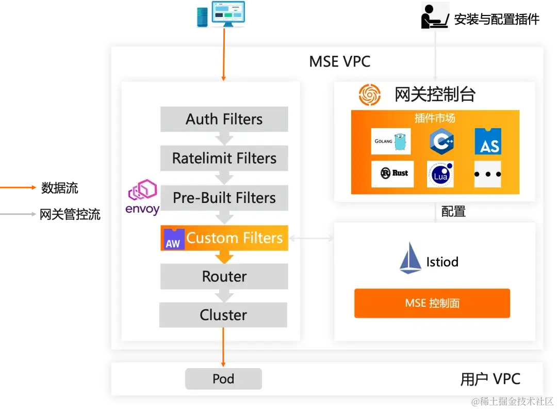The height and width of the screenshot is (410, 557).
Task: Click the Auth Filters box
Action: pyautogui.click(x=224, y=119)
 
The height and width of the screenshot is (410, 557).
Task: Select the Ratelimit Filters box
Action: pyautogui.click(x=224, y=158)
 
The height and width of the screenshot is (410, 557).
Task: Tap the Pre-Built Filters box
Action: pyautogui.click(x=224, y=198)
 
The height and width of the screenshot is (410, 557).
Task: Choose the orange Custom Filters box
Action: pyautogui.click(x=224, y=238)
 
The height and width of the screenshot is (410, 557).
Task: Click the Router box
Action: pyautogui.click(x=224, y=277)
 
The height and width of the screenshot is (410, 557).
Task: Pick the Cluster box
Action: pyautogui.click(x=223, y=315)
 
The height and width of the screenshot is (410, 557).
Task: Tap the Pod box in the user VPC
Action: pyautogui.click(x=223, y=379)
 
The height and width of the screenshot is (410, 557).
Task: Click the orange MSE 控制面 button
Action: pyautogui.click(x=432, y=303)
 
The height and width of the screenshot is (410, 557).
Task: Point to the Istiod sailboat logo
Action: pyautogui.click(x=411, y=258)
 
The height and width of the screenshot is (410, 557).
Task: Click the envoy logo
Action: pyautogui.click(x=143, y=197)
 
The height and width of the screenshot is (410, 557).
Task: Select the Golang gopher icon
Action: pyautogui.click(x=391, y=141)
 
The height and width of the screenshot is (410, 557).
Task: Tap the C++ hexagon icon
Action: pyautogui.click(x=441, y=141)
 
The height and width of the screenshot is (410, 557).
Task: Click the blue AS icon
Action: pyautogui.click(x=488, y=141)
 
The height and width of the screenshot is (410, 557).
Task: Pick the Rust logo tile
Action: pyautogui.click(x=392, y=174)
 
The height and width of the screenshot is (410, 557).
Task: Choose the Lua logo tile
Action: pyautogui.click(x=440, y=174)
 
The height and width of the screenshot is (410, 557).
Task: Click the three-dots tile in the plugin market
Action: pyautogui.click(x=487, y=174)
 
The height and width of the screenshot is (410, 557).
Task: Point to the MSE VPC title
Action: pyautogui.click(x=339, y=62)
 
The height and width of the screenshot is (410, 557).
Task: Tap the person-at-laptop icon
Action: pyautogui.click(x=435, y=17)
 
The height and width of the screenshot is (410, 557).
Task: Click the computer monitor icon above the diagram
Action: pyautogui.click(x=221, y=14)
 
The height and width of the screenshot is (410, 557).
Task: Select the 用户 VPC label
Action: pyautogui.click(x=490, y=380)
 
